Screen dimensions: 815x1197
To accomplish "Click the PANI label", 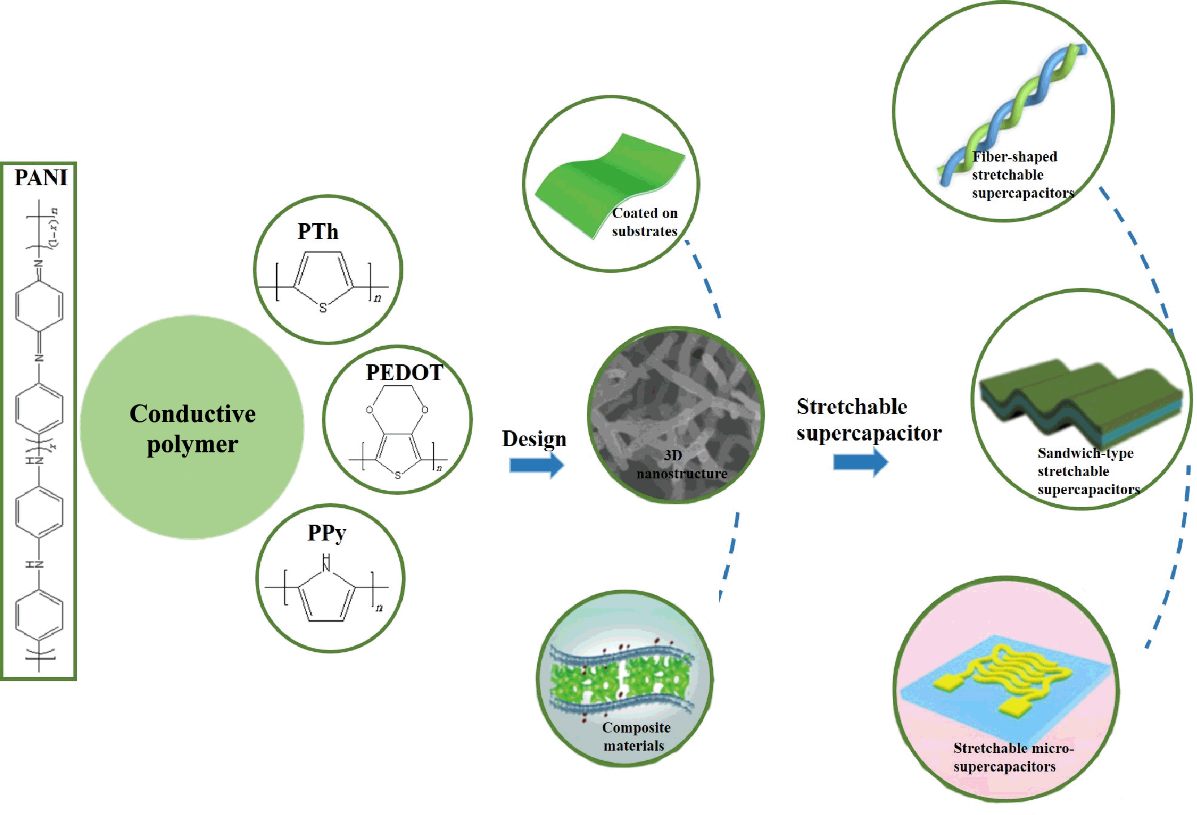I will coord(41,178).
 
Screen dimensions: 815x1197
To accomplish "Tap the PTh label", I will coord(318,232).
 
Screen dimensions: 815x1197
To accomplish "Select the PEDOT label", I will coord(404,373).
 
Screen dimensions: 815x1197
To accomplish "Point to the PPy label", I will coord(327,533).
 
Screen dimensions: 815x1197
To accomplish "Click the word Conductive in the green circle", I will coord(193,414).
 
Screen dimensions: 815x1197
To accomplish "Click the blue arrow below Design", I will coord(536,465).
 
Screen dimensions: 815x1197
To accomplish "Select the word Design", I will coord(534,439).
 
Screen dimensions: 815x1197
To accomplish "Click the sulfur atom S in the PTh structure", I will coord(323,308).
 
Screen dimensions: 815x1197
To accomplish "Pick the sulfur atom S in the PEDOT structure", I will coord(398,475).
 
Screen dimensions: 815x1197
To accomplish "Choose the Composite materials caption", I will coord(636,736).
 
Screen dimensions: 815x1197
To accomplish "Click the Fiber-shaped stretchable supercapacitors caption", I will coord(1022,175).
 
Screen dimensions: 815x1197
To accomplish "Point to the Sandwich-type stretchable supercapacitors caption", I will coord(1088,471).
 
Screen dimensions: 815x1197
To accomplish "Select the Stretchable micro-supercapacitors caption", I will coord(1013,757).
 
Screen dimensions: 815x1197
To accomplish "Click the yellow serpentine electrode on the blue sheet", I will coord(1011,669).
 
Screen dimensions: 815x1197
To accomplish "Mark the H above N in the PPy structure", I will coord(326,558).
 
